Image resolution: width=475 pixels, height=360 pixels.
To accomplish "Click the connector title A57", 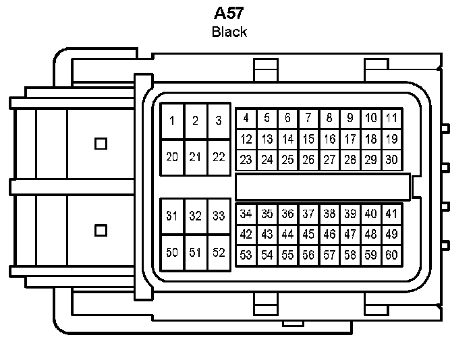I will (x=229, y=13).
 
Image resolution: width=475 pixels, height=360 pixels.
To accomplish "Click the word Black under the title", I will (x=229, y=32).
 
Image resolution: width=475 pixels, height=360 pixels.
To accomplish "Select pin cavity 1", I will (x=173, y=121).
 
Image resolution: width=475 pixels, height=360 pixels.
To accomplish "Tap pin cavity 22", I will (x=219, y=157).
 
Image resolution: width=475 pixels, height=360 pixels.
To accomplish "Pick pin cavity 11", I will (x=391, y=119).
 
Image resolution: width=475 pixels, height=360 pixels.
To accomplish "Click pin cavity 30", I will (x=391, y=160).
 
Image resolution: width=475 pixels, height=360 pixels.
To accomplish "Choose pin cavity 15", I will (x=308, y=140).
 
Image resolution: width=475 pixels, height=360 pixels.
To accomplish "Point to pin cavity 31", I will (x=173, y=216).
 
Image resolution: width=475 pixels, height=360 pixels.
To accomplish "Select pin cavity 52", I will (x=219, y=253).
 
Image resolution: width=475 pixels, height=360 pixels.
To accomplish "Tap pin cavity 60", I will (x=391, y=256).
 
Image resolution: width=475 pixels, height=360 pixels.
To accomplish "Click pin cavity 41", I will (x=391, y=214).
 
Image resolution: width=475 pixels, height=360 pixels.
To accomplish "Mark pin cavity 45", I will (x=308, y=235).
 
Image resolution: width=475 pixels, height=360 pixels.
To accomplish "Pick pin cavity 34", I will (x=246, y=214).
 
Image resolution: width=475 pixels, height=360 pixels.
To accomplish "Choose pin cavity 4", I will (x=246, y=119).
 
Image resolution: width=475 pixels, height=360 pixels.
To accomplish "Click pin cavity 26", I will (x=308, y=160).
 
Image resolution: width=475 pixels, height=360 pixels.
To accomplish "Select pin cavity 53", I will (x=246, y=256).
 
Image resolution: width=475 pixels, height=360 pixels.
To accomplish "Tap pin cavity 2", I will (x=196, y=121).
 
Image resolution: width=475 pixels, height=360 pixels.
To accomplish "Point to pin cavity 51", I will (x=196, y=253).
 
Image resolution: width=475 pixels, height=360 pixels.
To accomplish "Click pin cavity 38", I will (x=329, y=214).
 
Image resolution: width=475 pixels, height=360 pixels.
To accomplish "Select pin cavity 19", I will (x=391, y=140).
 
